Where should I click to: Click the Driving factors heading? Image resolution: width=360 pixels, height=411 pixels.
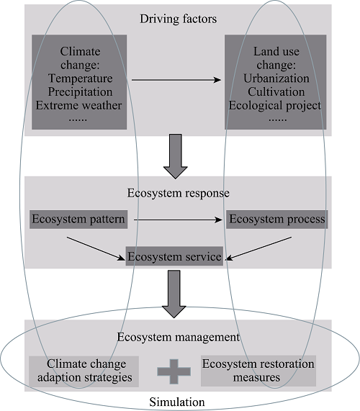[x=178, y=19]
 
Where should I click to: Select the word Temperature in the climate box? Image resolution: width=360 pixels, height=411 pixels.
[x=80, y=78]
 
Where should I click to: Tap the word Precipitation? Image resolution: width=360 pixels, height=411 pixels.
[x=80, y=91]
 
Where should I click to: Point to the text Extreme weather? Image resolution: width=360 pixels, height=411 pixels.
[x=78, y=105]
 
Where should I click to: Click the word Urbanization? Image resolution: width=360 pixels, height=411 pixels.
[x=276, y=78]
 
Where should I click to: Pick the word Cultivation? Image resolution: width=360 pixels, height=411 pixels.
[x=276, y=91]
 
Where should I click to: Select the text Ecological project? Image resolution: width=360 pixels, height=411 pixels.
[x=275, y=106]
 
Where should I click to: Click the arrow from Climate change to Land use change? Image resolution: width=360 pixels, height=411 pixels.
[x=176, y=80]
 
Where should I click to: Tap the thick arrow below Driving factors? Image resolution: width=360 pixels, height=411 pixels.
[x=176, y=156]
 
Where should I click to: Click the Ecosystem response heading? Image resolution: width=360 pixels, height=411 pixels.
[x=179, y=193]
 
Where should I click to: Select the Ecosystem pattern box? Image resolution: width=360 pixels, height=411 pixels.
[x=78, y=220]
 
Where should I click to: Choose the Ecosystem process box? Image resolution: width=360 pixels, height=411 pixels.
[x=277, y=220]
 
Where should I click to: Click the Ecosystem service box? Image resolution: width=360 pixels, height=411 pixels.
[x=174, y=256]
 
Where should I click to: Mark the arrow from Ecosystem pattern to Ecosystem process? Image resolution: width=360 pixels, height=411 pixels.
[x=178, y=220]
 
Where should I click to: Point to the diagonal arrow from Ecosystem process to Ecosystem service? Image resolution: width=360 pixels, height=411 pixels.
[x=258, y=248]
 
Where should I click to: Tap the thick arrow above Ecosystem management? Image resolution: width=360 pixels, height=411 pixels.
[x=174, y=294]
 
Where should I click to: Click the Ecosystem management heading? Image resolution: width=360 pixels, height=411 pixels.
[x=179, y=337]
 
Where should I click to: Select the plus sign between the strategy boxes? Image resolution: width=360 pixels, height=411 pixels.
[x=174, y=371]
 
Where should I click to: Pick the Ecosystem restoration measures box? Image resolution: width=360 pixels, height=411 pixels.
[x=258, y=371]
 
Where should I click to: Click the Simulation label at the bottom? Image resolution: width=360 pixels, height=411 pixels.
[x=177, y=402]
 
